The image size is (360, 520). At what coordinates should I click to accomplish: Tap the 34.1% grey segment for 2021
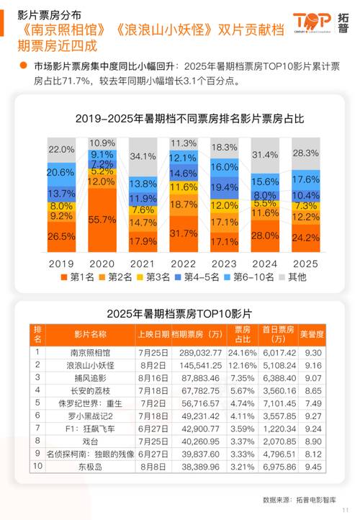(x=143, y=156)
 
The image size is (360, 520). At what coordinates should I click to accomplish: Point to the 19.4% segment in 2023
(x=225, y=187)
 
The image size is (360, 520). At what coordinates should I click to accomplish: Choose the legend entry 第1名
(x=77, y=276)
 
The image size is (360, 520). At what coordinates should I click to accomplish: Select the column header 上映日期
(x=153, y=334)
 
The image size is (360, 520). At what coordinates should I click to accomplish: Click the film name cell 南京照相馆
(x=90, y=353)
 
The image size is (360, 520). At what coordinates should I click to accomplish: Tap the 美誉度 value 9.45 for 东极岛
(x=315, y=466)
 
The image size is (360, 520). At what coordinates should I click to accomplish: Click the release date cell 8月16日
(x=153, y=378)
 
